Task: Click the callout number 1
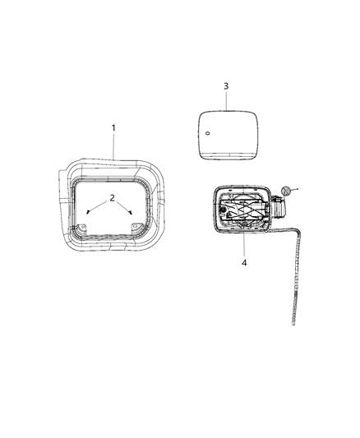click(113, 127)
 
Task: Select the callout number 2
click(112, 198)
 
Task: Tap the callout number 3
click(225, 85)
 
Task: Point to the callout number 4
click(243, 263)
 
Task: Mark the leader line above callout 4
click(243, 245)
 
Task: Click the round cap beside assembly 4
click(284, 191)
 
